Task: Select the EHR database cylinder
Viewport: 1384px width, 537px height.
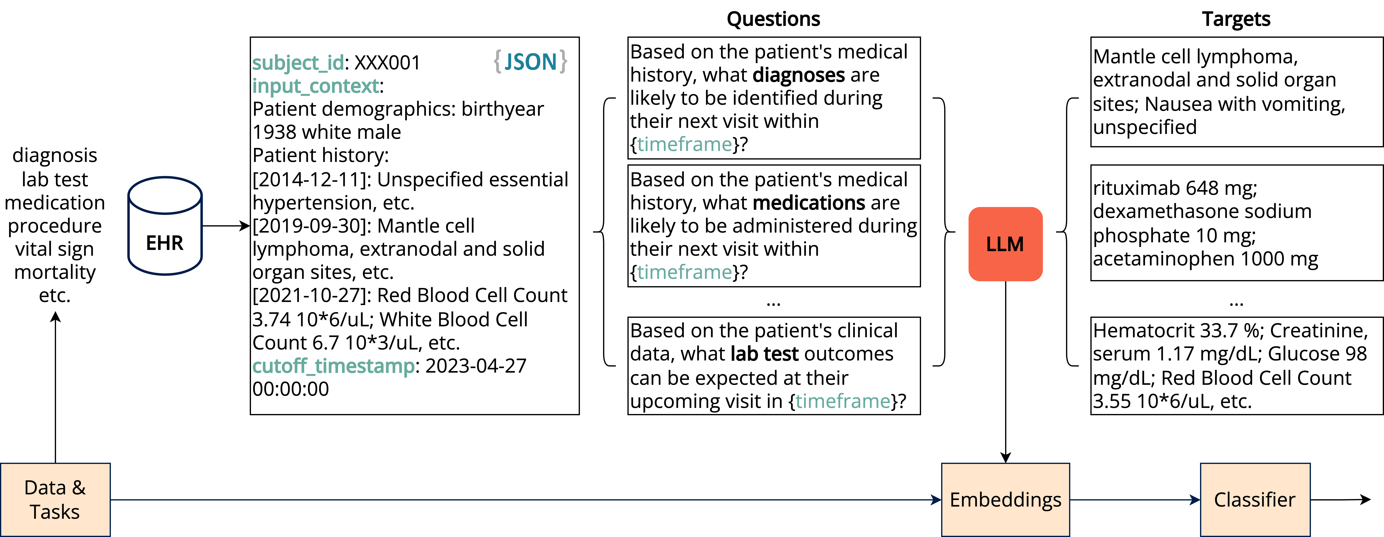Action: pos(165,226)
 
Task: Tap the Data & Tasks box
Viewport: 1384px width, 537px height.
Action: pos(55,499)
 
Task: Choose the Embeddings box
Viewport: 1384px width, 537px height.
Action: pos(1005,499)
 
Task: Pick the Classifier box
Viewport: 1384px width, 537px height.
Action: pos(1255,499)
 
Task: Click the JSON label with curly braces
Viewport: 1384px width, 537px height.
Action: pos(530,62)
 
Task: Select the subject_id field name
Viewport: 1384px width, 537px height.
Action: pos(298,63)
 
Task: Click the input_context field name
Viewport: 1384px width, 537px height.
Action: pos(316,86)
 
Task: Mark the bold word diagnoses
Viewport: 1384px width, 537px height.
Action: pos(799,75)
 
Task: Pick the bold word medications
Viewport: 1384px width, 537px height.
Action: pos(809,203)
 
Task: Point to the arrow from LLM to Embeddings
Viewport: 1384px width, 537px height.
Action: pos(1005,372)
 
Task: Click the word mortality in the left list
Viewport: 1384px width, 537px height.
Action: pos(55,272)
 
